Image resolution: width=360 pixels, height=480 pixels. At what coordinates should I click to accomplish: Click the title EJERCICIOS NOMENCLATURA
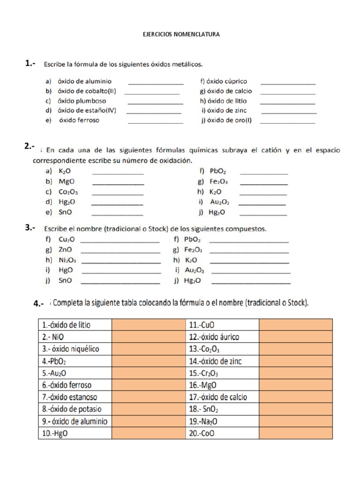click(x=180, y=34)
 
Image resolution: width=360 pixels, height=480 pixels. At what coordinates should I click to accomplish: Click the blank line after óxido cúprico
click(x=287, y=82)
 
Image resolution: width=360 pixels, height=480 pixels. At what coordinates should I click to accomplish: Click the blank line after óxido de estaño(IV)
click(x=154, y=111)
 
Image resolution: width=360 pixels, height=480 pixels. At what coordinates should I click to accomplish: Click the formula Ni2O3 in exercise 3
click(x=67, y=260)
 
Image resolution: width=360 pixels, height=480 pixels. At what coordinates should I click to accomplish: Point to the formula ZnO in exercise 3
click(x=65, y=249)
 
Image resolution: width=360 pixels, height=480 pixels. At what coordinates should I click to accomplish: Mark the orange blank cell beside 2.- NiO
click(x=148, y=337)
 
